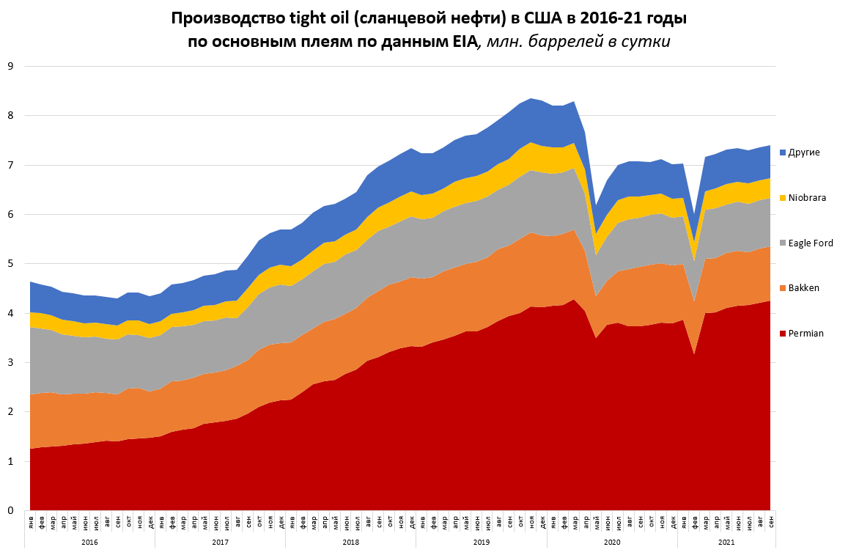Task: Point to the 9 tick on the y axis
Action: (10, 66)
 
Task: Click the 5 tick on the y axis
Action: (10, 264)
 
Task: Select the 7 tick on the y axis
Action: (10, 165)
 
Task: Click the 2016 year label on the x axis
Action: (89, 543)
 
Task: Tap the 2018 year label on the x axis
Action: (350, 543)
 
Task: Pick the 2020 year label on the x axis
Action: (612, 543)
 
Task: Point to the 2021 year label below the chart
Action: (726, 543)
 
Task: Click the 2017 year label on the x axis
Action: (220, 543)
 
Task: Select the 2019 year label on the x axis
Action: (482, 543)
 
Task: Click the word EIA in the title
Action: (460, 42)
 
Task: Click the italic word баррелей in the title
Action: (564, 42)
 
